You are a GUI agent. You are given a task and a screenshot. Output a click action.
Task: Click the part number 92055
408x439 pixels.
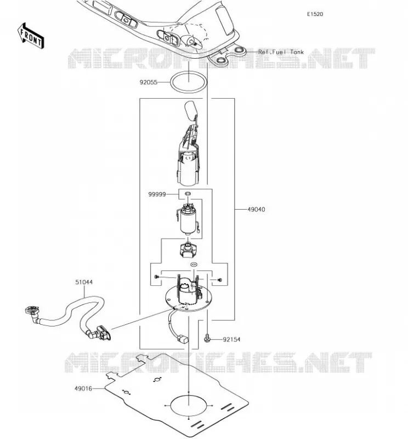tap(148, 82)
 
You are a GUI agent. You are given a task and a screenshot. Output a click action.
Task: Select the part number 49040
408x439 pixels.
tap(256, 209)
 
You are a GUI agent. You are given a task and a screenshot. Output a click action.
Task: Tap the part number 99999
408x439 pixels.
tap(157, 194)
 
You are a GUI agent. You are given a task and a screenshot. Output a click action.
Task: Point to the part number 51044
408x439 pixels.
tap(84, 282)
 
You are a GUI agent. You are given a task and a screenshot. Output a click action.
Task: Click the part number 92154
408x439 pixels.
tap(231, 339)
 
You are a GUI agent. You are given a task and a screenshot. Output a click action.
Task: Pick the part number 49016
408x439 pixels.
tap(83, 389)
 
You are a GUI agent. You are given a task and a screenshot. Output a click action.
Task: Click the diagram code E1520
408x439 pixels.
tap(315, 14)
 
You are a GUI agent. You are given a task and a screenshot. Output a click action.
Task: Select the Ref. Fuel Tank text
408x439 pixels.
tap(281, 52)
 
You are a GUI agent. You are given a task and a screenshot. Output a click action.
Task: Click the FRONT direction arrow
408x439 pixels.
tap(31, 36)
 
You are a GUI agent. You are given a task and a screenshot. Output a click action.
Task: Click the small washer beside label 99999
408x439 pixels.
tap(188, 193)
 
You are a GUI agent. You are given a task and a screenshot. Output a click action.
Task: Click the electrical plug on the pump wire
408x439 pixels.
tap(183, 339)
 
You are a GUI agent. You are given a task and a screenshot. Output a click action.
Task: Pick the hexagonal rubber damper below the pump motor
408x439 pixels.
tap(188, 249)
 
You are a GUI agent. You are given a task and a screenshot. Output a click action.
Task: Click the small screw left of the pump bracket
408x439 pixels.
tap(156, 277)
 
